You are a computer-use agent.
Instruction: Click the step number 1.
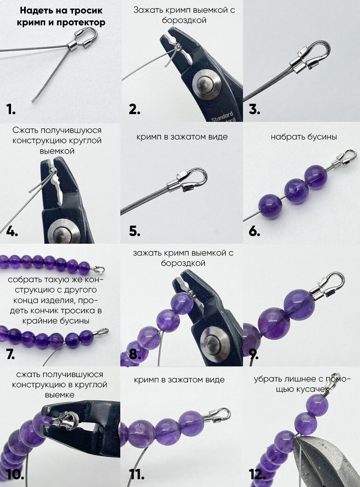pos(11,109)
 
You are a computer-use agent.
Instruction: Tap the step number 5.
pos(135,231)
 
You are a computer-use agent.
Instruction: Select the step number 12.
pos(257,474)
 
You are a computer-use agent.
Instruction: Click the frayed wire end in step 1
pos(33,100)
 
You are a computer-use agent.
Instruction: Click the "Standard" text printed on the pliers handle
pos(223,116)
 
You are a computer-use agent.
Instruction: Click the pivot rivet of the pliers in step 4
pos(63,232)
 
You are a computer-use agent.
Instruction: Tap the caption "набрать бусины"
pos(304,137)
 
